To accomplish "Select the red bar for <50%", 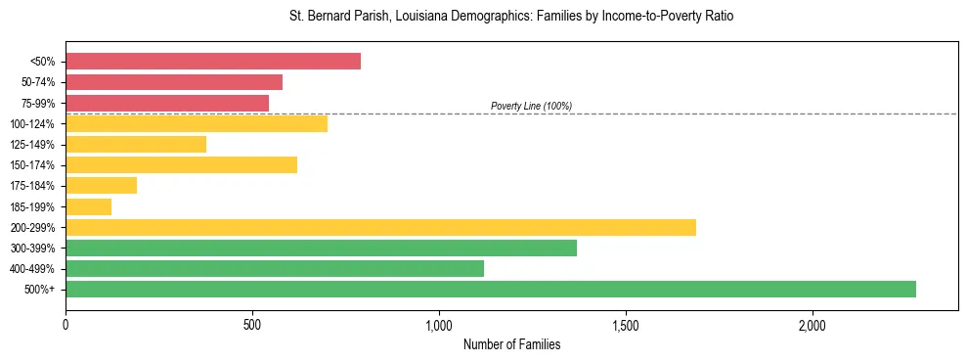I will point(213,62).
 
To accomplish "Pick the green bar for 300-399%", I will point(321,248).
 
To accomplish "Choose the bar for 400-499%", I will point(275,268).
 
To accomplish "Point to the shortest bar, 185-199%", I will point(88,206).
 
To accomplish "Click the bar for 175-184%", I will point(101,186).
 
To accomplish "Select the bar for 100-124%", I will point(197,123).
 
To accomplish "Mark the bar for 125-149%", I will point(136,144).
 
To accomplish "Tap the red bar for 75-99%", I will point(167,103).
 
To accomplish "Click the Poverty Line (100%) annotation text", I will point(531,106).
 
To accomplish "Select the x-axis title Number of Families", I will point(511,344).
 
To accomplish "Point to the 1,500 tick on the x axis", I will point(626,325).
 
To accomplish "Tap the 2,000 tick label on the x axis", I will point(813,325).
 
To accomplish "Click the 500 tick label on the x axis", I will point(252,325).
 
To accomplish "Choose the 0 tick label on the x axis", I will point(66,325).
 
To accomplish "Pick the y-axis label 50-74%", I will point(38,82).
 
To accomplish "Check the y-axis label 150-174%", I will point(33,165).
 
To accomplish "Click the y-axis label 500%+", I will point(41,290).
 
